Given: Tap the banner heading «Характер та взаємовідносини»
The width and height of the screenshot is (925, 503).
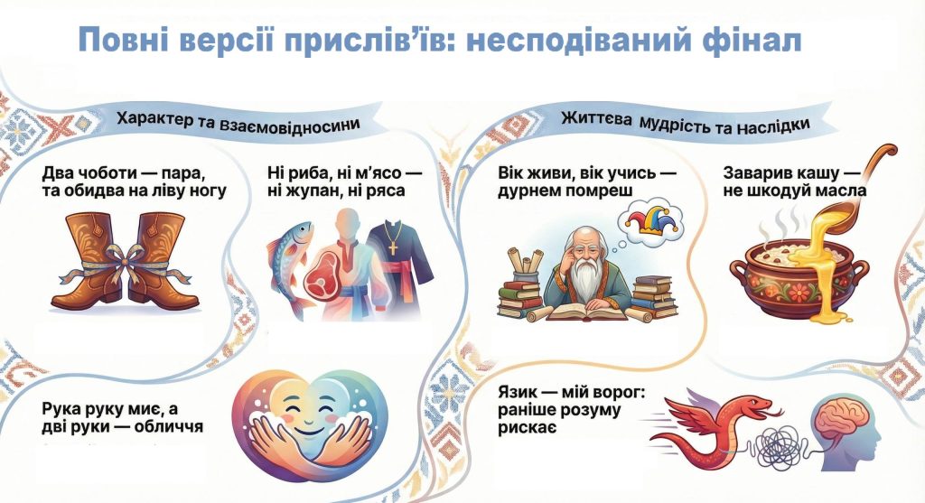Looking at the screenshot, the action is [238, 123].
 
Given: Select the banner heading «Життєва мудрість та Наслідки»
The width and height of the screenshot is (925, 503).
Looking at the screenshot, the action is [685, 123].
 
